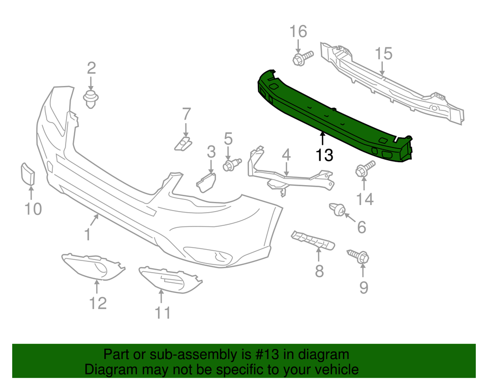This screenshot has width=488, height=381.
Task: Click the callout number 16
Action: [x=298, y=32]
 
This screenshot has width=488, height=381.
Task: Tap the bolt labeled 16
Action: [x=300, y=58]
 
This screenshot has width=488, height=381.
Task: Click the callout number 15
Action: [x=384, y=53]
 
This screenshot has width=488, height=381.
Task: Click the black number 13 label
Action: [x=324, y=155]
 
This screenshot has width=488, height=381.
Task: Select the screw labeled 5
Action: [x=232, y=165]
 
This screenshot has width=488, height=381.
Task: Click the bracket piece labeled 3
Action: [x=206, y=181]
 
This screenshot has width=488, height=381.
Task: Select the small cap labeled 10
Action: [x=27, y=174]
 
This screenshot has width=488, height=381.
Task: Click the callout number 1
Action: [x=87, y=235]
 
